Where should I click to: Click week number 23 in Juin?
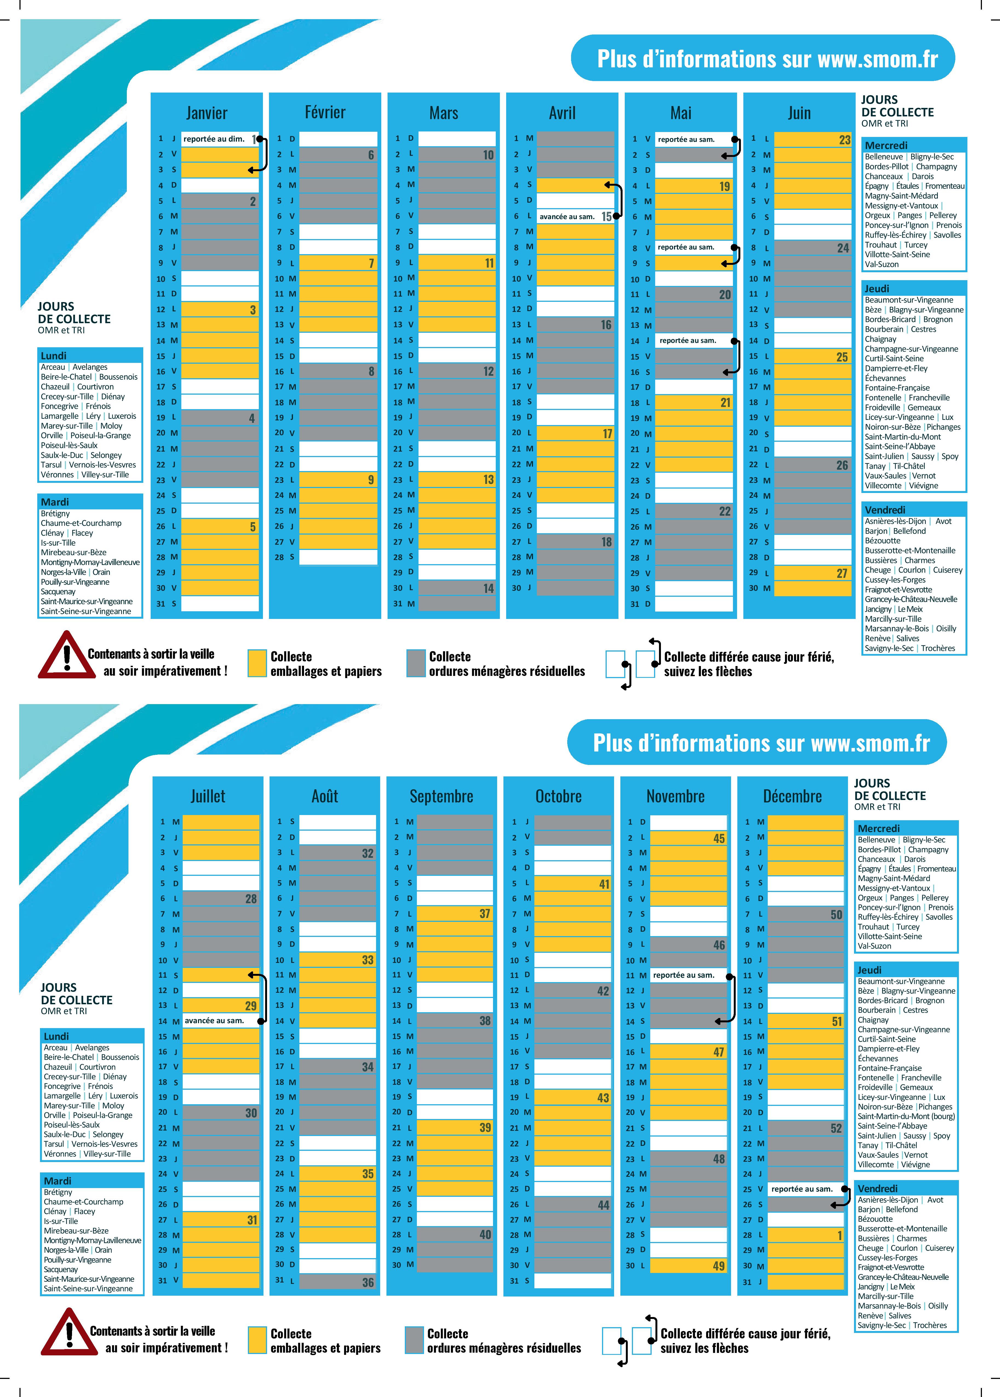[x=844, y=140]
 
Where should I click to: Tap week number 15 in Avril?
[x=606, y=217]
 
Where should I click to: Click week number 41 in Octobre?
[x=604, y=884]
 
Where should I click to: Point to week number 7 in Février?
[x=371, y=263]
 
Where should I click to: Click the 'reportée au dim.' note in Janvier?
[x=214, y=139]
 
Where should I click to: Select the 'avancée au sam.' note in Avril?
[x=566, y=217]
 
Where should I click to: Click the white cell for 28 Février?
[x=338, y=557]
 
